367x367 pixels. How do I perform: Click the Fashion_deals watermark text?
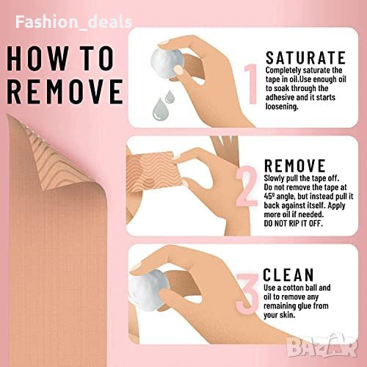pos(74,22)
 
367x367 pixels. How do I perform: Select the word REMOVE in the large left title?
pos(65,92)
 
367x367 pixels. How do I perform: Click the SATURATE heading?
pos(305,58)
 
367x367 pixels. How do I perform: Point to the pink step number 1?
pos(250,84)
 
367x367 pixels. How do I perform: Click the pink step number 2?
pos(247,186)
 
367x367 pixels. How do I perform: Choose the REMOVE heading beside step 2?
pos(295,166)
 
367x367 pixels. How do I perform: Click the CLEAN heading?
pos(288,275)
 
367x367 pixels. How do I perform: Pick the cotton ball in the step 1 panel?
pos(167,62)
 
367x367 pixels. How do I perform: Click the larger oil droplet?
pos(159,109)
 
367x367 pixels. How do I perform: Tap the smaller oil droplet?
pos(169,96)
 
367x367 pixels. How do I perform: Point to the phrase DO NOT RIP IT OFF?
pos(293,223)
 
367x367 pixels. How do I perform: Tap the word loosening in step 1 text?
pos(282,106)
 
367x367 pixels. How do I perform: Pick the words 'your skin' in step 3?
pos(279,315)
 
